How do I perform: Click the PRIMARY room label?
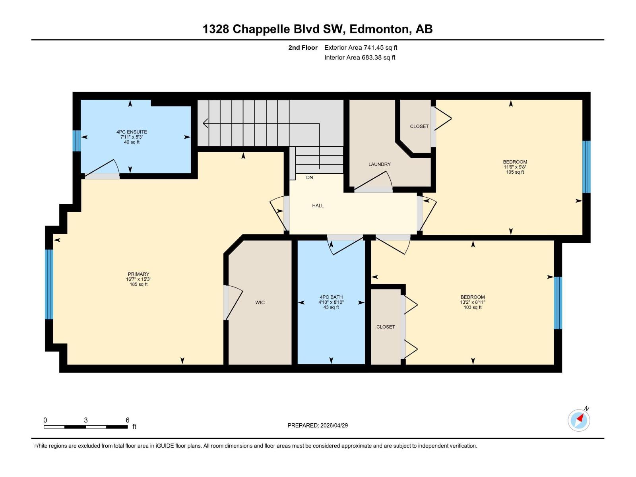(138, 274)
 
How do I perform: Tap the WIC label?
(260, 302)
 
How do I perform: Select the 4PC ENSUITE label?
(132, 132)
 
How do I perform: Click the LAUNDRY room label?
(379, 164)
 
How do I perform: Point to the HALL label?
(318, 206)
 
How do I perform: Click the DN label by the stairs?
(309, 177)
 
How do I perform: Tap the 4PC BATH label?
(331, 297)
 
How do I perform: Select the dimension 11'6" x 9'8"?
(515, 167)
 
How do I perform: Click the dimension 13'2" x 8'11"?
(473, 302)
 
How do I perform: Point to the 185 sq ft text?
(138, 284)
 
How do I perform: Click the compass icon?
(579, 420)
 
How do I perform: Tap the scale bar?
(85, 427)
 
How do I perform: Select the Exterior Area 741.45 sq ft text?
(361, 48)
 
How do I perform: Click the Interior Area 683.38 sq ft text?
(360, 58)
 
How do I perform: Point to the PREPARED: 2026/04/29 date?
(318, 425)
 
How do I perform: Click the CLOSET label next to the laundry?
(419, 126)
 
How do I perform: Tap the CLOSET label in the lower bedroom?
(386, 327)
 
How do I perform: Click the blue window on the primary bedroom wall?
(49, 284)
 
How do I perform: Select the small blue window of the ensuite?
(76, 141)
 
